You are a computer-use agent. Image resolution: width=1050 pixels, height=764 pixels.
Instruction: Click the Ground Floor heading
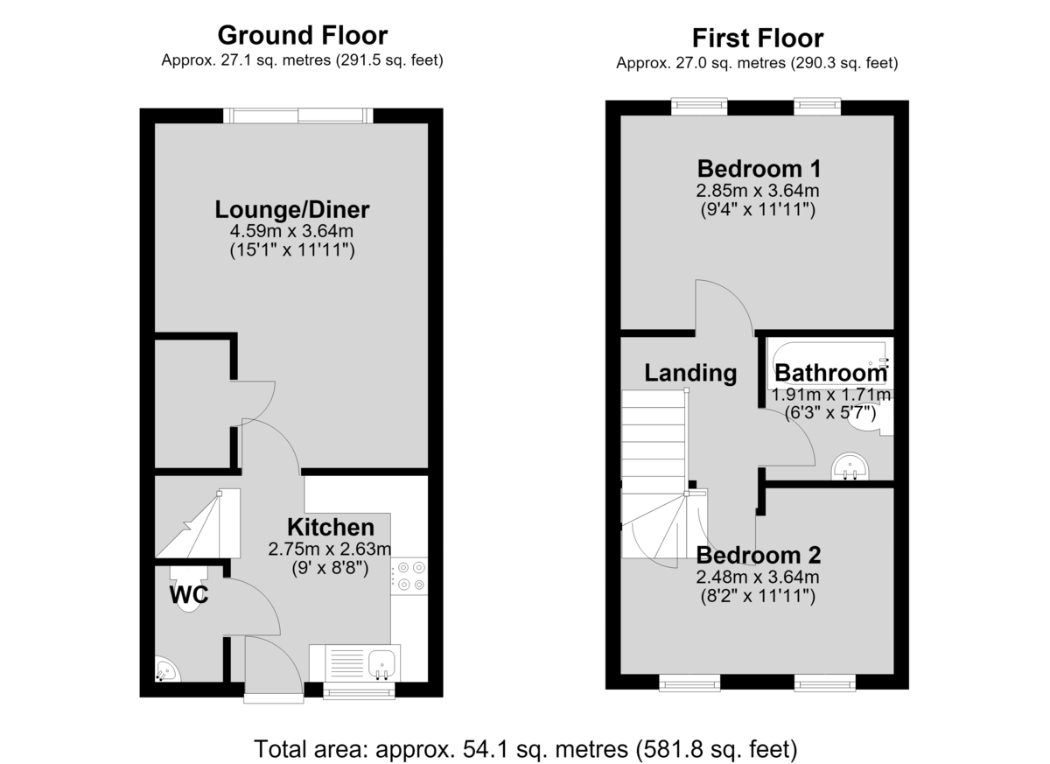point(303,36)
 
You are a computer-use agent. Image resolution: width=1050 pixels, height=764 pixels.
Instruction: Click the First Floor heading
point(758,39)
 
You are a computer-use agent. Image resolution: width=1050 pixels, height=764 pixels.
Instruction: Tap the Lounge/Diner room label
point(292,209)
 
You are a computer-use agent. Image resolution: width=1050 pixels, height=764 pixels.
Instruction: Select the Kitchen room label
point(331,528)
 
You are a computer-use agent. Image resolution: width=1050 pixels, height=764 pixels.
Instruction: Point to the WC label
point(189,595)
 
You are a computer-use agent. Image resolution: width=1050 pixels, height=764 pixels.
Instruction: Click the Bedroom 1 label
point(759,169)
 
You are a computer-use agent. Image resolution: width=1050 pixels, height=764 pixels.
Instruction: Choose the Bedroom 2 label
point(759,556)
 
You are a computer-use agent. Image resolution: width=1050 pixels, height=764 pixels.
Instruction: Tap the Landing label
point(690,373)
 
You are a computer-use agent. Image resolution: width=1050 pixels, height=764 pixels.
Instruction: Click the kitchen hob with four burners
point(409,576)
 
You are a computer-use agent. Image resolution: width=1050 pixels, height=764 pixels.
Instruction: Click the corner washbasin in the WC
point(167,669)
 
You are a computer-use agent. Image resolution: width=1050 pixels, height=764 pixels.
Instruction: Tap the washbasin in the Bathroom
point(850,466)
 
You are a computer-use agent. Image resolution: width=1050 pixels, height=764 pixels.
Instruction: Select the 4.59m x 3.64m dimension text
point(291,231)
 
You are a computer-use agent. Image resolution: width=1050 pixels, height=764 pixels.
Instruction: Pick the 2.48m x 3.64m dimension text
point(758,577)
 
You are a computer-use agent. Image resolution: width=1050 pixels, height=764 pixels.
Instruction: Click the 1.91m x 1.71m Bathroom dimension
point(830,395)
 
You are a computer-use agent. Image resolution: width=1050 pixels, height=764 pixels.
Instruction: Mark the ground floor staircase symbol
point(198,523)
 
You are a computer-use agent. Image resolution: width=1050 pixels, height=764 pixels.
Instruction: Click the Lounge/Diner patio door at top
point(298,116)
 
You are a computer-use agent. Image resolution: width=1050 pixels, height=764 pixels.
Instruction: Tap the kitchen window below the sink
point(359,690)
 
